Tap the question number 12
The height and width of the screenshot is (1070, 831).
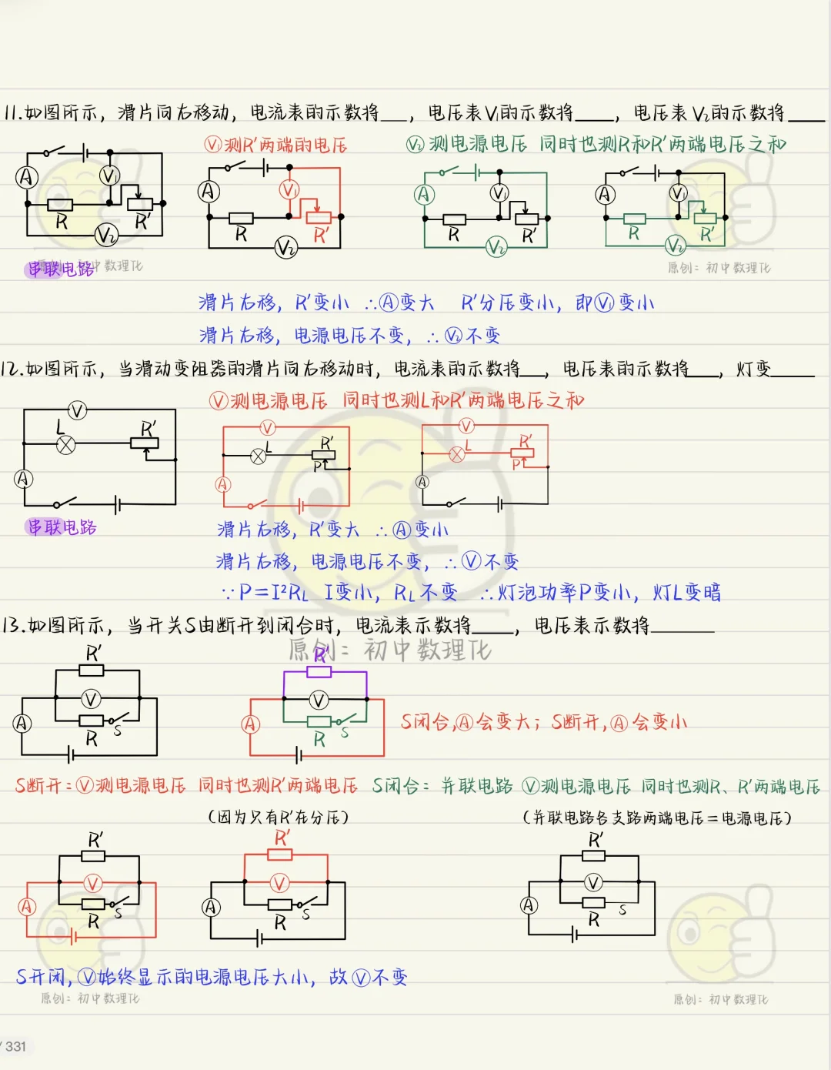point(12,369)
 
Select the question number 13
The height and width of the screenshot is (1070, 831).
point(14,625)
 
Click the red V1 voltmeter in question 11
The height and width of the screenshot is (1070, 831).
point(289,190)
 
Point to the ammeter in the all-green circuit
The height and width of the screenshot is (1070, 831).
point(425,195)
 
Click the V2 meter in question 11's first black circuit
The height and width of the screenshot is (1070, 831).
point(106,235)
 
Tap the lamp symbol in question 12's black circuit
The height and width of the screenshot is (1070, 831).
point(67,444)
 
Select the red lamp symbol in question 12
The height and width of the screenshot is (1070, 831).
point(457,453)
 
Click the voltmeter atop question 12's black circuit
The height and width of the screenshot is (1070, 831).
point(78,410)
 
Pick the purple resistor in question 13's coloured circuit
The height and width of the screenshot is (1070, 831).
point(319,672)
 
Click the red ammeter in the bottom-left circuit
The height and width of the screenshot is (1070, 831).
point(28,906)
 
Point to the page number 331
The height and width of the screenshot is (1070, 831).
point(15,1046)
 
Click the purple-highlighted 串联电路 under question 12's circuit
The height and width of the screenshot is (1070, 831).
point(62,527)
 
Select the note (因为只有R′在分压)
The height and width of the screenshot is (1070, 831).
point(279,817)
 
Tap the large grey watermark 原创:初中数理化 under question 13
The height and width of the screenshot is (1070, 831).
point(389,650)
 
